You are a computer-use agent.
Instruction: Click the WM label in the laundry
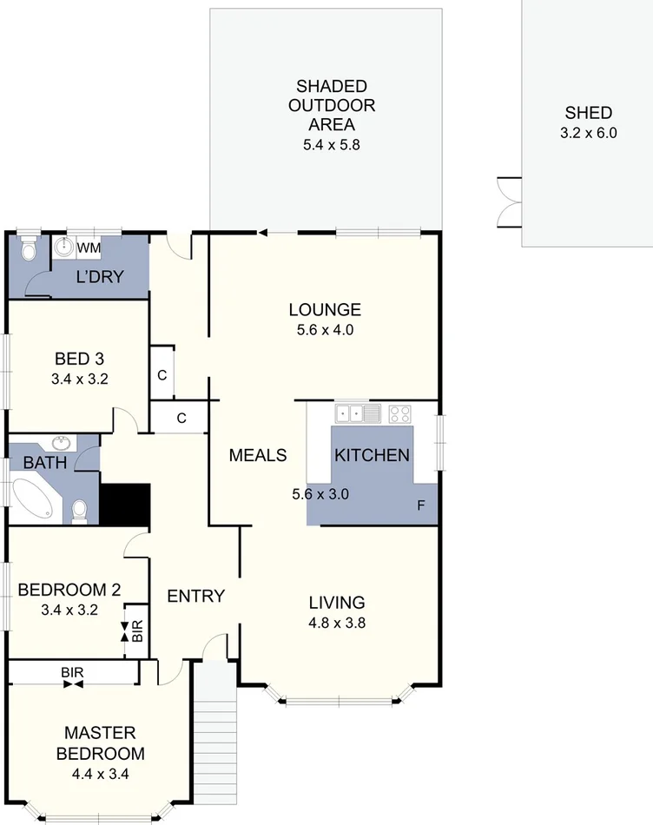(x=89, y=248)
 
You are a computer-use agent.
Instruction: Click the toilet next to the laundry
(x=29, y=251)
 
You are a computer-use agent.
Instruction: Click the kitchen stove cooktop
(x=399, y=412)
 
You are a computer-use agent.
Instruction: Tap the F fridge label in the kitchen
(x=421, y=506)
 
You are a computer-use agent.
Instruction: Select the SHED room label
(x=588, y=113)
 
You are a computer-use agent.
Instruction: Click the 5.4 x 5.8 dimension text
(x=331, y=146)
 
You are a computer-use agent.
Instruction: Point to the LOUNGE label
(x=325, y=310)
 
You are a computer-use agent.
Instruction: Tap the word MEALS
(x=258, y=455)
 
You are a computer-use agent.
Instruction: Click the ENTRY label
(x=195, y=597)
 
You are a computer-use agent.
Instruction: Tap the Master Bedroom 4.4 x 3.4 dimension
(x=100, y=775)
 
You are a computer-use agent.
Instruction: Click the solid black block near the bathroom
(x=125, y=505)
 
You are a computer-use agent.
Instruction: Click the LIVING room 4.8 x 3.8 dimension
(x=337, y=623)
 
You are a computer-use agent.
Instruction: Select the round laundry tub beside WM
(x=63, y=248)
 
